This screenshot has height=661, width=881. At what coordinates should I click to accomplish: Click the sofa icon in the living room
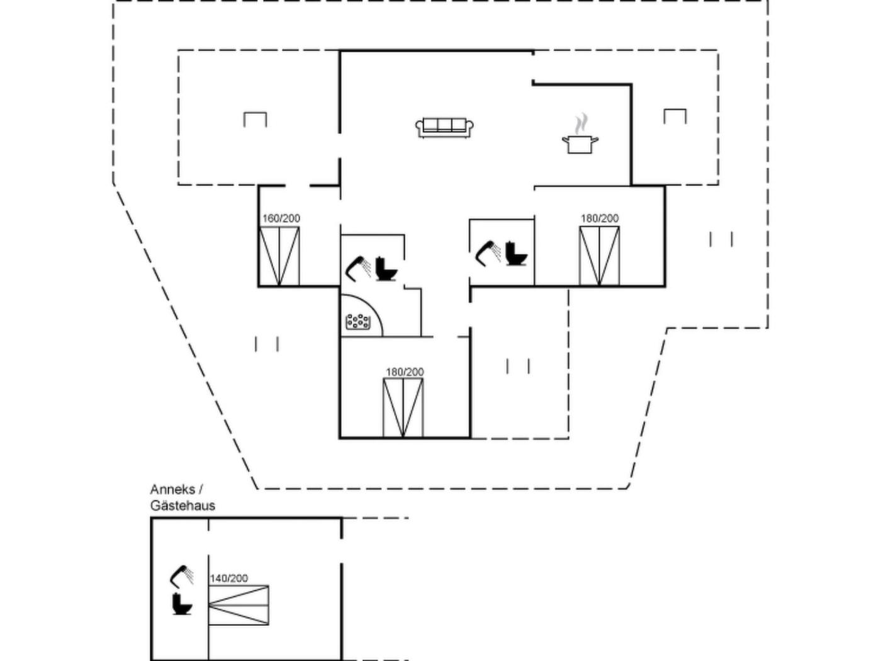[444, 127]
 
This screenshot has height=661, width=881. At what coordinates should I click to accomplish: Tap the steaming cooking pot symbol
[580, 140]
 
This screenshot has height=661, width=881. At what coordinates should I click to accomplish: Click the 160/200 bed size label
[281, 218]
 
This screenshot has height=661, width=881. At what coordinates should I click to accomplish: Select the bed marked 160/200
[279, 257]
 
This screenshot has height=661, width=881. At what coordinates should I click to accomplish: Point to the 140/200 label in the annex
[228, 578]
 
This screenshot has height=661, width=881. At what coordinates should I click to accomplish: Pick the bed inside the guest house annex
[238, 605]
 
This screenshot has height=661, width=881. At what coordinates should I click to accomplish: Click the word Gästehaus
[182, 506]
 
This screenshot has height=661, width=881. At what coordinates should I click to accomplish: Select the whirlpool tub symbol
[358, 322]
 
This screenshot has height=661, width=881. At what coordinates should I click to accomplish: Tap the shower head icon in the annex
[182, 575]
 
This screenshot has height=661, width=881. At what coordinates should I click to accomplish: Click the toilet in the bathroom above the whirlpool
[386, 269]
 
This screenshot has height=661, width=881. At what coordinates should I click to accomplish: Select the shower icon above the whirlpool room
[358, 267]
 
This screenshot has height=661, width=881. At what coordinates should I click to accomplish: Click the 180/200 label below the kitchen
[599, 218]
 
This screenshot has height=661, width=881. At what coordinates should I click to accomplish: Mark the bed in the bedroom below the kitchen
[599, 256]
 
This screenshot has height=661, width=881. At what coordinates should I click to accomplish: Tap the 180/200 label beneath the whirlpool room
[405, 372]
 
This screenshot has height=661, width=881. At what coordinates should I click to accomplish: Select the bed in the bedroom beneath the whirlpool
[403, 408]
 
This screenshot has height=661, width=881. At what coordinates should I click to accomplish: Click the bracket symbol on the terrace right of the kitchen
[675, 116]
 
